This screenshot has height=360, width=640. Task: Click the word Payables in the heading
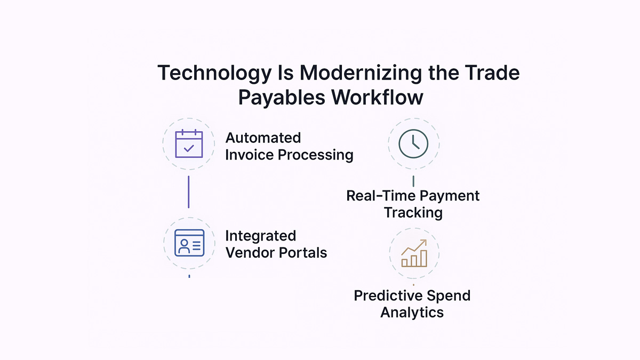[x=281, y=97]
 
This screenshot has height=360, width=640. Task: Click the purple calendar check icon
[x=189, y=143]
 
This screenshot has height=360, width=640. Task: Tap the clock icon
[x=414, y=143]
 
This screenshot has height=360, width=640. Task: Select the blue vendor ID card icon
[x=189, y=243]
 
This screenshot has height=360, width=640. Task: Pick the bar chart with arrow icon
[x=414, y=253]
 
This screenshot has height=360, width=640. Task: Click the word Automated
[x=263, y=138]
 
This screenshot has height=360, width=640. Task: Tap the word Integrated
[x=260, y=236]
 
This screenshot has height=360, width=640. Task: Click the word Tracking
[x=413, y=212]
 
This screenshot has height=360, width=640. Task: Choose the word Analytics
[x=412, y=312]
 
